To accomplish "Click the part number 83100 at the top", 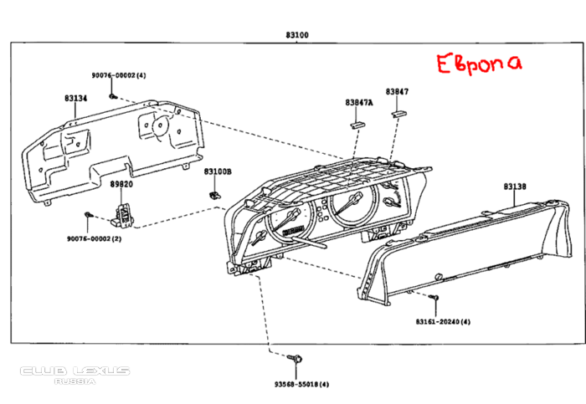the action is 297,35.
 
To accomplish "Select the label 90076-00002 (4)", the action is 119,75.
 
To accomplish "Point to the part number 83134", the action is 76,98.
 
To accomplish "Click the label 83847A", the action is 359,102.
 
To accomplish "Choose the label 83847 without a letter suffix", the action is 397,91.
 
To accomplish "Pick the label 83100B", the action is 218,171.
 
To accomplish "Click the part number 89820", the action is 121,184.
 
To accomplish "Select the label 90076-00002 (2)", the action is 94,238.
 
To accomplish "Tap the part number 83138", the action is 515,186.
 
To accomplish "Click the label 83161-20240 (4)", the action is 443,321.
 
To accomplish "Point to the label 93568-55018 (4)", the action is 301,384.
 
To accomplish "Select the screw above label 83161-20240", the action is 434,297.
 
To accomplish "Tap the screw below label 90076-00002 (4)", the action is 113,97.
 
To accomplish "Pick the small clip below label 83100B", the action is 214,195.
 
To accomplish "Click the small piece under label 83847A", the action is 357,125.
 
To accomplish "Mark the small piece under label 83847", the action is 399,114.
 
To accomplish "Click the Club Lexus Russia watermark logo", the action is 75,375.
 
